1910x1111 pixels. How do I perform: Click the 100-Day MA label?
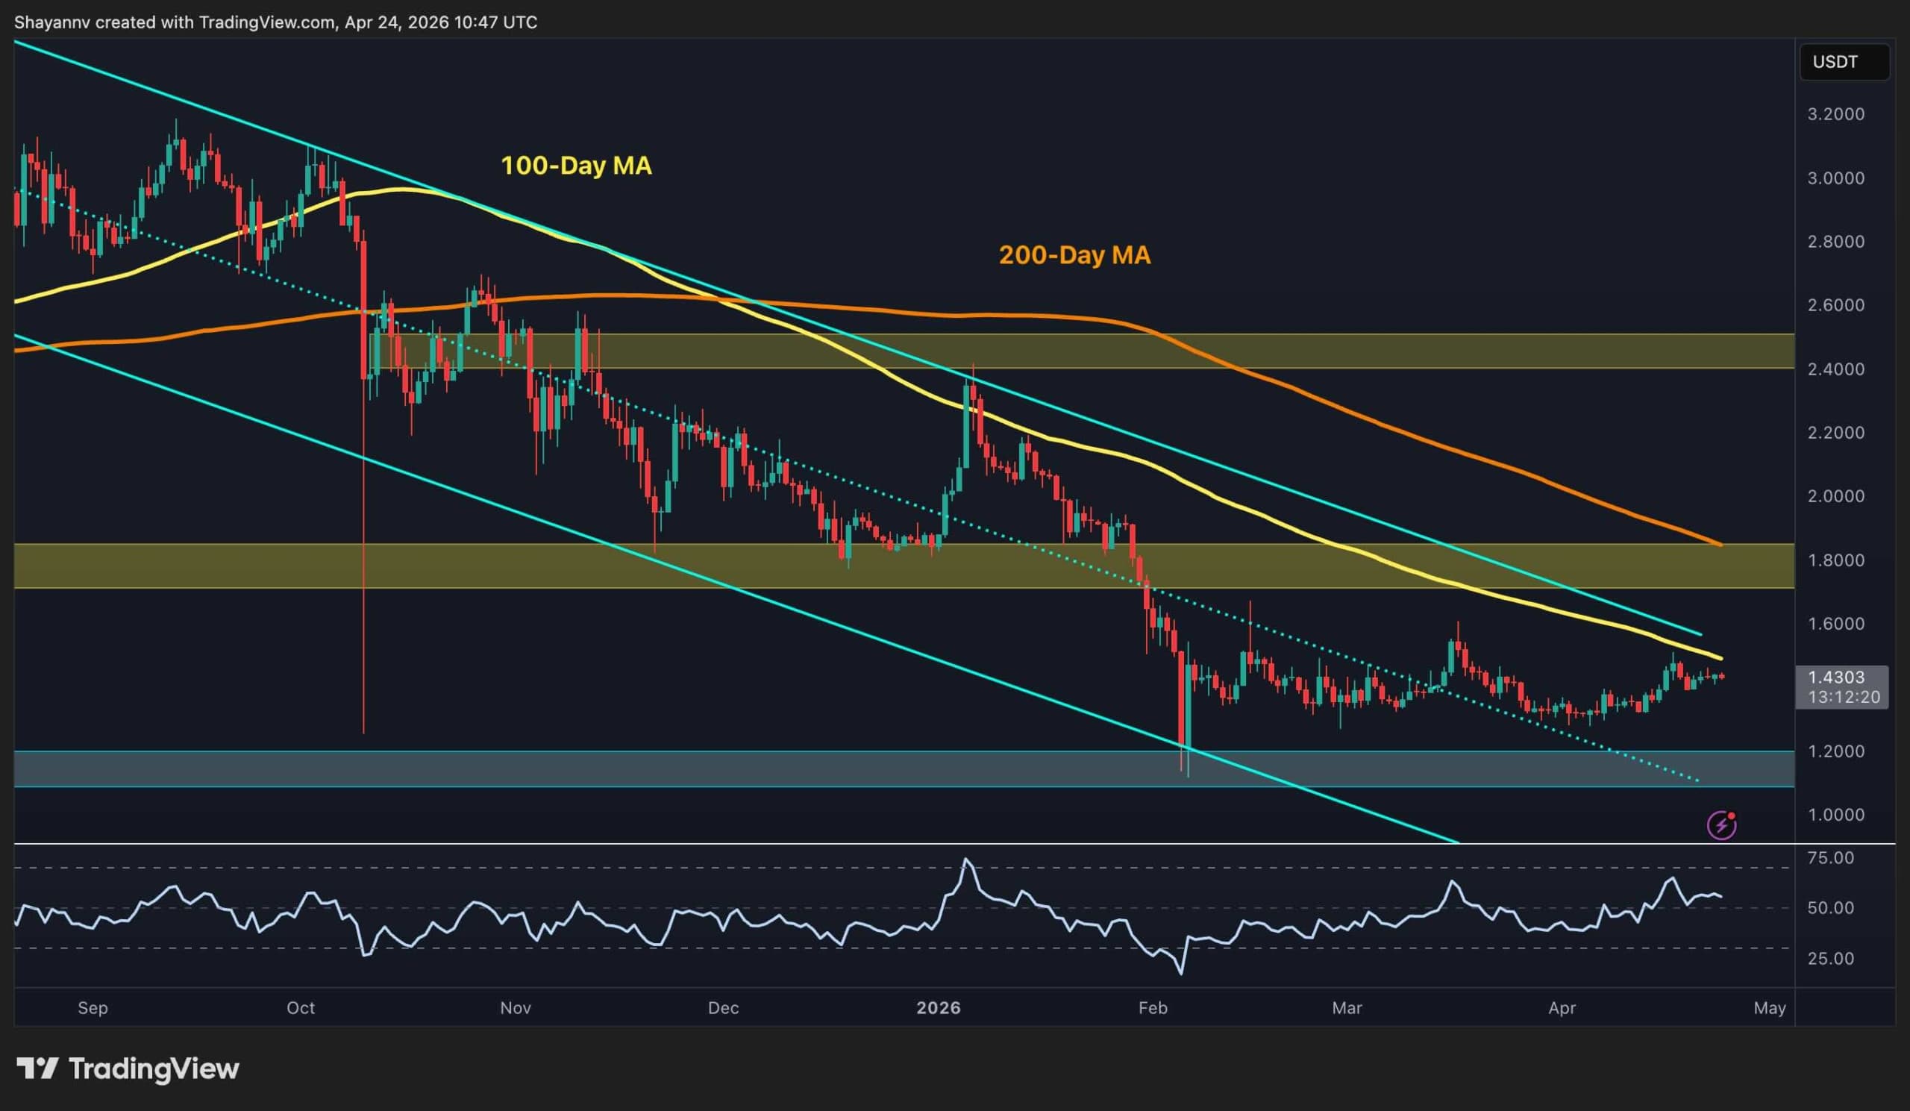[576, 166]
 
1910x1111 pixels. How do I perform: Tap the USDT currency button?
[1835, 62]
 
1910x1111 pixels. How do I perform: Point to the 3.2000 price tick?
[1835, 114]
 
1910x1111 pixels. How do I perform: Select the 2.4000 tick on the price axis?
[1835, 369]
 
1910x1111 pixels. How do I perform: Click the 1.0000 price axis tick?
[1835, 815]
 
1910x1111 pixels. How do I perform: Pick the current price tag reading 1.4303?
[1835, 677]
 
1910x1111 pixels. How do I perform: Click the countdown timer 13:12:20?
[1844, 697]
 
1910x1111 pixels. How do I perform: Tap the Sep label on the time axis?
[93, 1008]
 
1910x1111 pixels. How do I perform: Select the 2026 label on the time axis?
[939, 1008]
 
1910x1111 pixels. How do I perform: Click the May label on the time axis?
[1770, 1008]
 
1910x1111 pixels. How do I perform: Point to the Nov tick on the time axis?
[516, 1008]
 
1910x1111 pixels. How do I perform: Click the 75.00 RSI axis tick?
[1830, 858]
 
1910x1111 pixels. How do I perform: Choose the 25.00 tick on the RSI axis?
[1830, 959]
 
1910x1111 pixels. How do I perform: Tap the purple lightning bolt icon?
[1722, 824]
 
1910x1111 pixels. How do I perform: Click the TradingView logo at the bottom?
[128, 1068]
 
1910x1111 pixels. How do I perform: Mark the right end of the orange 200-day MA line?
[1720, 544]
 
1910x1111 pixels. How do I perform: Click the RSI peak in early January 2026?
[965, 860]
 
